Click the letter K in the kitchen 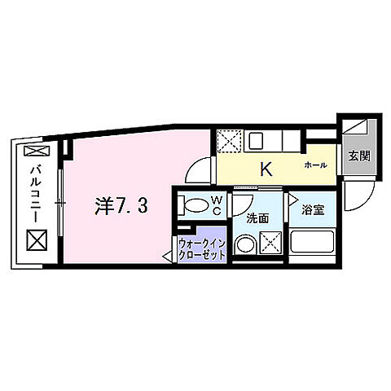point(265,170)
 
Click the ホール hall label point(315,165)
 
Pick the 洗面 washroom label point(260,217)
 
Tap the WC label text point(217,204)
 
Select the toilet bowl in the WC point(193,205)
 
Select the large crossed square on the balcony point(36,239)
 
